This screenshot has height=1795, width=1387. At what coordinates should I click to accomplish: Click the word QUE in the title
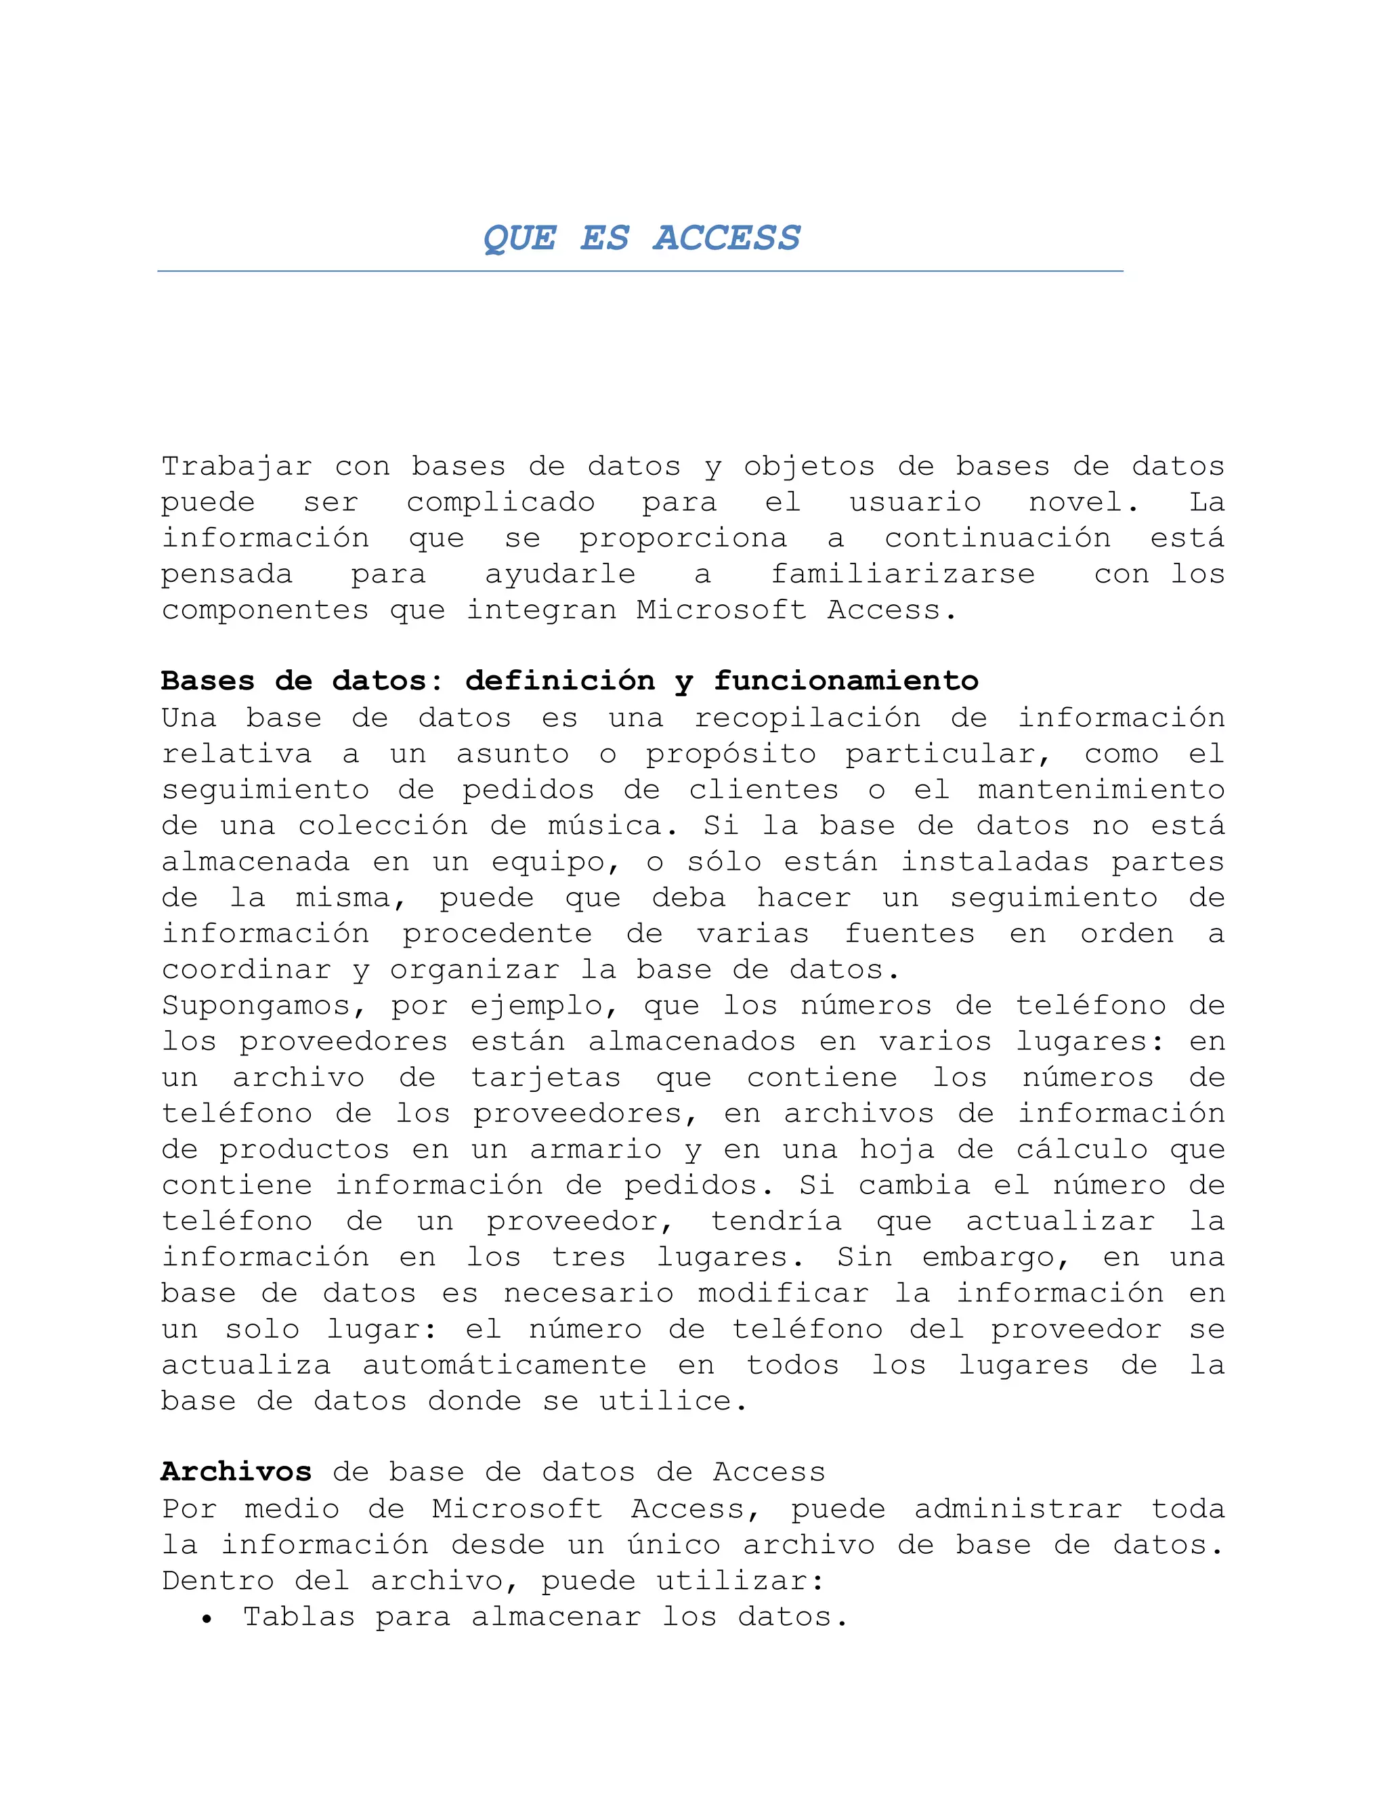coord(519,238)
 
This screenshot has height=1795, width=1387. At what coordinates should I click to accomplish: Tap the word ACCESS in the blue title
coord(727,238)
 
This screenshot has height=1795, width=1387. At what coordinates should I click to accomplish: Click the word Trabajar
coord(236,466)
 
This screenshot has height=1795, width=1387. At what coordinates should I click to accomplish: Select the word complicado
coord(500,502)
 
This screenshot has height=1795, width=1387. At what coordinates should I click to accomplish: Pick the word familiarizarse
coord(902,574)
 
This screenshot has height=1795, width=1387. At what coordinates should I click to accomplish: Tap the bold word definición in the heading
coord(559,681)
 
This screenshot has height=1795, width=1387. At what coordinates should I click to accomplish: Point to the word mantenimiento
coord(1101,790)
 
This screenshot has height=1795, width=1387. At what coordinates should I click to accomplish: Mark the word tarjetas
coord(546,1078)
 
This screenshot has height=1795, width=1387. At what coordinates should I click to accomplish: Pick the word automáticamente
coord(505,1365)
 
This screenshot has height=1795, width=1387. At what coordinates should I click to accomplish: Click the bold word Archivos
coord(236,1472)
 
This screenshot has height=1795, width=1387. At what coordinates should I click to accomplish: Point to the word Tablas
coord(299,1617)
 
